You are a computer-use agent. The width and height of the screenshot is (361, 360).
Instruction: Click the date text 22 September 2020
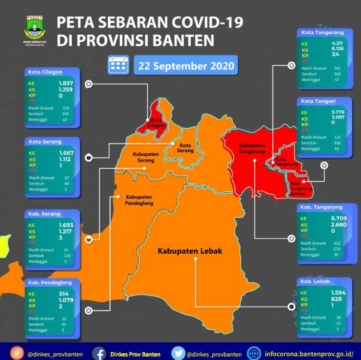click(186, 66)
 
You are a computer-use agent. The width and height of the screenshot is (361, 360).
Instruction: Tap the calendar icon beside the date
click(119, 65)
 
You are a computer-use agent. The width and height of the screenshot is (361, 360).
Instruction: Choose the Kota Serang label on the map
click(186, 148)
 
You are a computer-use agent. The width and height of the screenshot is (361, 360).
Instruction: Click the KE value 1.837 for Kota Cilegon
click(65, 83)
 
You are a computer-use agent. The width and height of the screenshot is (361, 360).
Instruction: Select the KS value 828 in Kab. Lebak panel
click(335, 299)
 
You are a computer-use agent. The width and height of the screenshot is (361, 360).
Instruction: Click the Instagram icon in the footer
click(17, 353)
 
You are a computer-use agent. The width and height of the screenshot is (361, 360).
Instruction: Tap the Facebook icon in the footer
click(99, 353)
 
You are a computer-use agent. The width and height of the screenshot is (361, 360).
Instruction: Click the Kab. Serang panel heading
click(45, 213)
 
